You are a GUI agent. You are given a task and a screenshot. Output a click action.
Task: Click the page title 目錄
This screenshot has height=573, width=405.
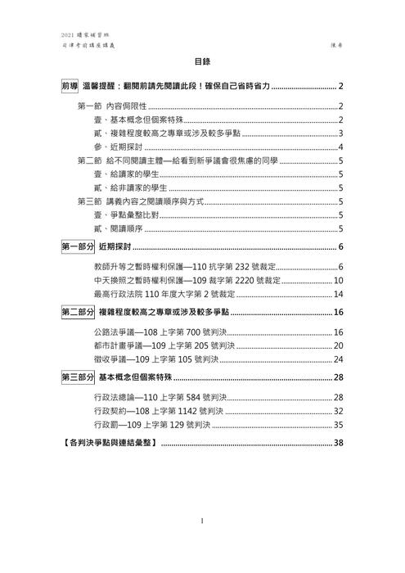202,61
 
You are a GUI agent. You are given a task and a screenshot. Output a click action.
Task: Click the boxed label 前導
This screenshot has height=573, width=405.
70,87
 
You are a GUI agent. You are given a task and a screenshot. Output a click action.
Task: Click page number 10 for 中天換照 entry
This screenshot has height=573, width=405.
337,281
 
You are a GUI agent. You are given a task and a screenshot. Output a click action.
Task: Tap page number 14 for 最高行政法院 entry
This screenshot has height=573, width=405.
337,294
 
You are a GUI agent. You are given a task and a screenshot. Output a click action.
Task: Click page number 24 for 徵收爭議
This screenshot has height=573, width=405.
337,359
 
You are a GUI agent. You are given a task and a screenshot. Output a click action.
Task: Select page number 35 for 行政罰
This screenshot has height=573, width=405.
337,426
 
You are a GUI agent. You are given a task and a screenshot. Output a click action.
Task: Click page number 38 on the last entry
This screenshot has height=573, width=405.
337,444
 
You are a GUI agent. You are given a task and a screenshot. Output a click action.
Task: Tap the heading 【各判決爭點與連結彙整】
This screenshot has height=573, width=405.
110,444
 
